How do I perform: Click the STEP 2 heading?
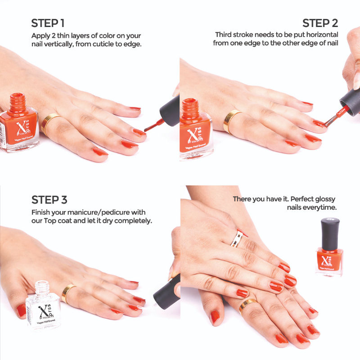(x=320, y=23)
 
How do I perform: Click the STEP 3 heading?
(x=49, y=200)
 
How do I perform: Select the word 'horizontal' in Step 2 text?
(x=320, y=35)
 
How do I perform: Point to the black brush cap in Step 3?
(x=167, y=292)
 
